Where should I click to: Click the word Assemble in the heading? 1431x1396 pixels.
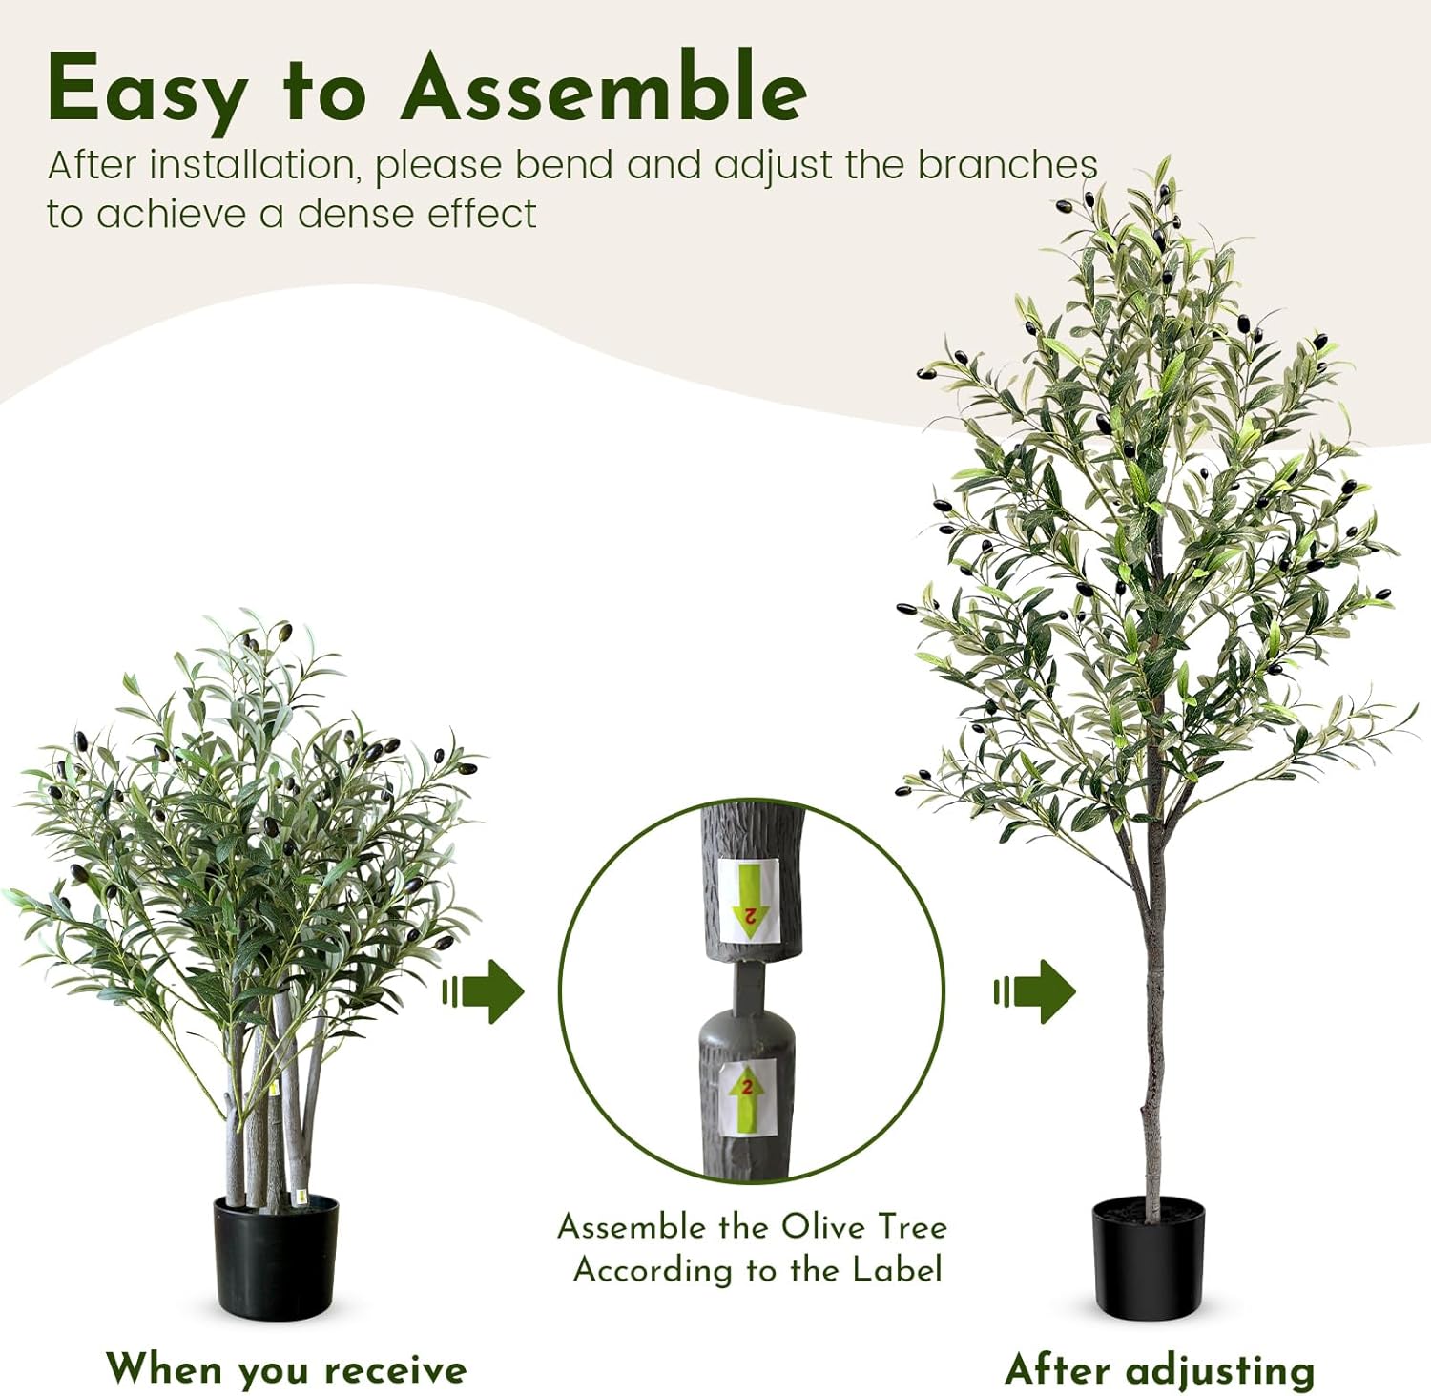[603, 89]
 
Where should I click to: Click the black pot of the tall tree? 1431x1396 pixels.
[1148, 1260]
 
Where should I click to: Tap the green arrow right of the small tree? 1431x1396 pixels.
[485, 992]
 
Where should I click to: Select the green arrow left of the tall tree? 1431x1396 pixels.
[1035, 992]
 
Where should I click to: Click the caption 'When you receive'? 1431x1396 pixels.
[286, 1369]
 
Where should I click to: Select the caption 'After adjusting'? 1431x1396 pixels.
[1159, 1370]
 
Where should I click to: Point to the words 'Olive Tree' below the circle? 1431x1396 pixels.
[863, 1226]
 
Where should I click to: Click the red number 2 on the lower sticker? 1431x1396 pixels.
[748, 1087]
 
